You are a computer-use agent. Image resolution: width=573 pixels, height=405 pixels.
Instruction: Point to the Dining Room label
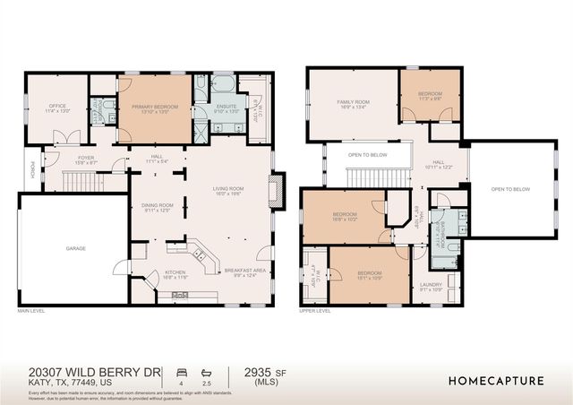click(157, 208)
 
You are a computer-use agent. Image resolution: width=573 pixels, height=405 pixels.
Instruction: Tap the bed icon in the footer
click(183, 370)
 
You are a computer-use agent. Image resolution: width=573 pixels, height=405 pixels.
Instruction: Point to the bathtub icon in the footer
click(207, 370)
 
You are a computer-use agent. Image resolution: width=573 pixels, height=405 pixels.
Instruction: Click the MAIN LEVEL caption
click(31, 311)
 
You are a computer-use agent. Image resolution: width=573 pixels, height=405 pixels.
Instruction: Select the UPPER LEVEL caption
click(316, 311)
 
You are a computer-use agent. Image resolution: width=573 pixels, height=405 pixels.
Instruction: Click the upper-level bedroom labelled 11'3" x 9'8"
click(432, 96)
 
